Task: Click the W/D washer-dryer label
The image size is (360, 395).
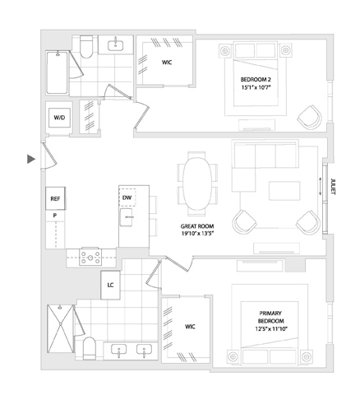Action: pyautogui.click(x=59, y=118)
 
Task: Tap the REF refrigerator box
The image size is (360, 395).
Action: pyautogui.click(x=55, y=199)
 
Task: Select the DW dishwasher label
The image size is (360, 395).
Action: pyautogui.click(x=127, y=197)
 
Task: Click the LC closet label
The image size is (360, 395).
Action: pyautogui.click(x=110, y=286)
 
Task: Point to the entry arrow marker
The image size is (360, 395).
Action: pyautogui.click(x=31, y=159)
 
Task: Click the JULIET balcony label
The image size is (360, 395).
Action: pyautogui.click(x=333, y=187)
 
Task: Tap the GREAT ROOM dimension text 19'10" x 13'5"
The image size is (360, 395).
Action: pyautogui.click(x=197, y=234)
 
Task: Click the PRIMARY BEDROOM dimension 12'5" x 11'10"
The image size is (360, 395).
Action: pyautogui.click(x=270, y=328)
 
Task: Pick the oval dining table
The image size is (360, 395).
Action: pyautogui.click(x=197, y=184)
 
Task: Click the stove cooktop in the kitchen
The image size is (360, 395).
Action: pyautogui.click(x=90, y=257)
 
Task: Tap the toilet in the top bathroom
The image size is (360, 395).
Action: pyautogui.click(x=86, y=47)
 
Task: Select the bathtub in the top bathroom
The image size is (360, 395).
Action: pyautogui.click(x=57, y=72)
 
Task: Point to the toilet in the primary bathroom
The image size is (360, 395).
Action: pyautogui.click(x=90, y=348)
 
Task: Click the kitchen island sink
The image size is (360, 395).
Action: pyautogui.click(x=126, y=217)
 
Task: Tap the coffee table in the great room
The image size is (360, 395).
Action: pyautogui.click(x=284, y=191)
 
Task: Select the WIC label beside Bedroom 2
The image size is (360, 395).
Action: pyautogui.click(x=167, y=63)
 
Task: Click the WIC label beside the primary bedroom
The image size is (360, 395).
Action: pyautogui.click(x=190, y=327)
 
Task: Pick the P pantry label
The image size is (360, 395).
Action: pyautogui.click(x=55, y=216)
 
